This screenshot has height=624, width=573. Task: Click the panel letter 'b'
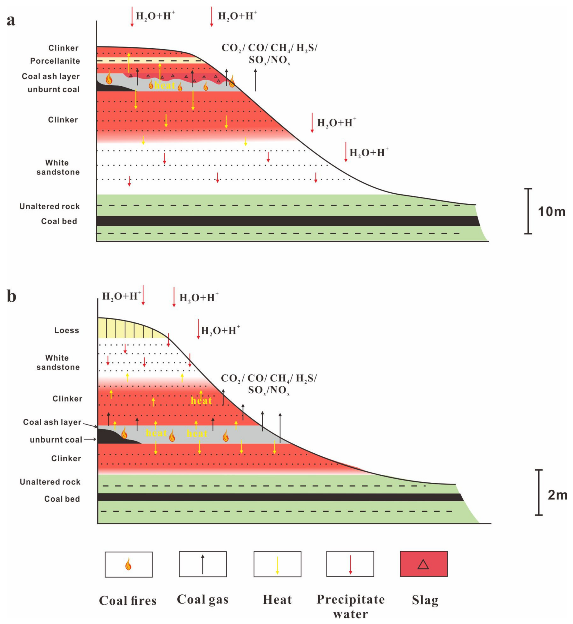(x=12, y=296)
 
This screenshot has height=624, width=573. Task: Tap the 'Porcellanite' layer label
(x=55, y=61)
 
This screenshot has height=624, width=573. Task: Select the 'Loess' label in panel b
(x=66, y=330)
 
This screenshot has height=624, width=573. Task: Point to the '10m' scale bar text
(x=552, y=211)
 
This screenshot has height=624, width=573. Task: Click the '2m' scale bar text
(x=557, y=495)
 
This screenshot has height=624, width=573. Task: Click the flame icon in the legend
(x=128, y=564)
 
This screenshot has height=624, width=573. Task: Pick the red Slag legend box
(x=423, y=564)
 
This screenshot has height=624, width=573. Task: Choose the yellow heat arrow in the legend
(x=277, y=565)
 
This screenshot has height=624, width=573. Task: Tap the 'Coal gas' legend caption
(x=202, y=599)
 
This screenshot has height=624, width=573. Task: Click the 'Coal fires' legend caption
(x=128, y=600)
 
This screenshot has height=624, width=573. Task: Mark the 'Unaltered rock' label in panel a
(x=50, y=206)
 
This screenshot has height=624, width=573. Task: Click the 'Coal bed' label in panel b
(x=62, y=499)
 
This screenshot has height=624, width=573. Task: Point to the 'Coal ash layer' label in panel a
(x=50, y=76)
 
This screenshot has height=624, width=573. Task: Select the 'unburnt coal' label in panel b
(x=56, y=440)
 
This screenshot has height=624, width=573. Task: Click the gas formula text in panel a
(x=269, y=53)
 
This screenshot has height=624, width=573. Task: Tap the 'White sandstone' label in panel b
(x=58, y=362)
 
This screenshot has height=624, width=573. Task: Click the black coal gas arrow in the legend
(x=203, y=564)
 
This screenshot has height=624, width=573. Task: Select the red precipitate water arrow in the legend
(x=350, y=564)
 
